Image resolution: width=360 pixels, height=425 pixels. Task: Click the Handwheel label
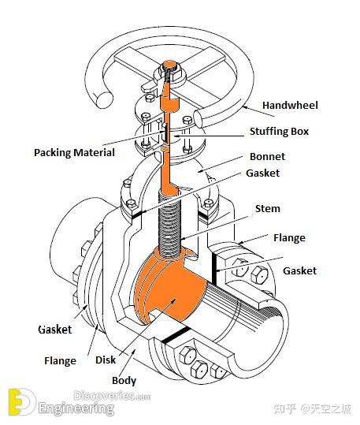290,105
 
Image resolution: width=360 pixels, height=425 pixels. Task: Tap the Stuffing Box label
279,132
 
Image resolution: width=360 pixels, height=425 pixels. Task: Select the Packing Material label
74,153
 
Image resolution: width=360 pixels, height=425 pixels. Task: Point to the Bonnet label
267,156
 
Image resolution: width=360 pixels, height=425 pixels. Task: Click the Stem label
268,208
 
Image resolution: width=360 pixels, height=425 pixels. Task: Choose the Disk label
106,360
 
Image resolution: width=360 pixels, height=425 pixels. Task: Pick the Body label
124,381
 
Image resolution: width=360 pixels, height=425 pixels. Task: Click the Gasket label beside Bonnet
263,173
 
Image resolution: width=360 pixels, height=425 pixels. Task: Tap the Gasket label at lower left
55,330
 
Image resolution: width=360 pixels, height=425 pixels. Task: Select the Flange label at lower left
60,361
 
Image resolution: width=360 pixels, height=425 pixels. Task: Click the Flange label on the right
289,237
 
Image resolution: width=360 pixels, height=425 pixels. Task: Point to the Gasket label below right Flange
299,270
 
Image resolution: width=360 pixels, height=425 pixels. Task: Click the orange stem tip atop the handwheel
170,65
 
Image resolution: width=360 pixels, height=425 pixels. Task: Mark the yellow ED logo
21,402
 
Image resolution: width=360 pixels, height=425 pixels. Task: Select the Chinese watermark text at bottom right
312,408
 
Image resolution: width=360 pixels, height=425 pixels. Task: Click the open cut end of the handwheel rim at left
104,99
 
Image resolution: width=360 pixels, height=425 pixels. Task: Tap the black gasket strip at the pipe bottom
176,334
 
